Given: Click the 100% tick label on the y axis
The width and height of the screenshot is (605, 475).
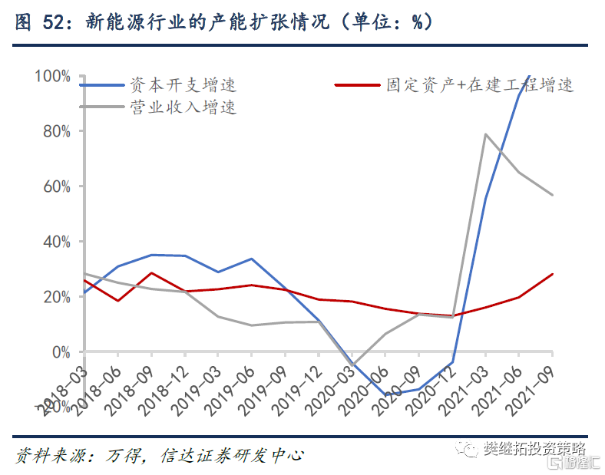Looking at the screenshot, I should coord(52,76).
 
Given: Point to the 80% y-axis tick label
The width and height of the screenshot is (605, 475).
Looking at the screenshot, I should coord(55,131).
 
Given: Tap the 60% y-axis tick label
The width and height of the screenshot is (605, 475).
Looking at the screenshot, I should coord(55,186).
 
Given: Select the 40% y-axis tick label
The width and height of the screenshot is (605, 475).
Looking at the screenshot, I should coord(55,242).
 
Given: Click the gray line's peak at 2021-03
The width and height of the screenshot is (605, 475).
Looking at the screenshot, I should coord(486,134).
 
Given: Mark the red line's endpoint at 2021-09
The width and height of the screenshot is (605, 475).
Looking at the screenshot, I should coord(553,274).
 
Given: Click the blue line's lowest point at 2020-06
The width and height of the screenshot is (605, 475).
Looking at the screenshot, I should coord(386,395).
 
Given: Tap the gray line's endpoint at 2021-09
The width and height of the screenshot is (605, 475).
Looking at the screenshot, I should coord(553,195).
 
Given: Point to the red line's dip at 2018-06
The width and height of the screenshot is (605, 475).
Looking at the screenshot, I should coord(117,300).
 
